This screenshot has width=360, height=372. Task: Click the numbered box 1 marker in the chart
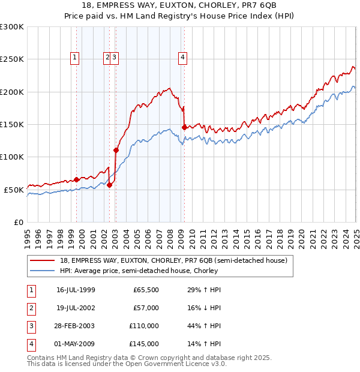pos(74,58)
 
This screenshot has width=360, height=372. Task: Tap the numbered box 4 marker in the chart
pos(182,58)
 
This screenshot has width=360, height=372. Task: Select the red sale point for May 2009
pos(184,127)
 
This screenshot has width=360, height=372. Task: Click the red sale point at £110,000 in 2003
pos(116,150)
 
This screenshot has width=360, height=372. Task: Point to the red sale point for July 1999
pos(77,179)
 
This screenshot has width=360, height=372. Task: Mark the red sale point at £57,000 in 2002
pos(109,185)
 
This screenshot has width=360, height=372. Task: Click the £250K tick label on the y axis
pos(12,59)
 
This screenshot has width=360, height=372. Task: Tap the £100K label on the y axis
pos(12,157)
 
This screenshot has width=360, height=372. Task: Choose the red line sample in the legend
pos(43,261)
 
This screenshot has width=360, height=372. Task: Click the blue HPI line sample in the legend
pos(43,271)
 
